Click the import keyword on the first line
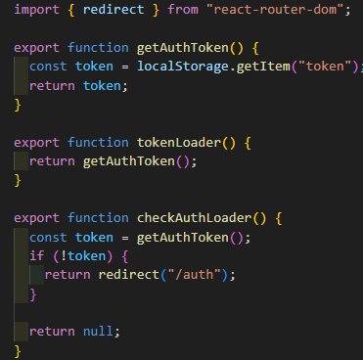(36, 10)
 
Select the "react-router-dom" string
(275, 9)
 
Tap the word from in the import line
(183, 9)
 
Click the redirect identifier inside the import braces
(113, 9)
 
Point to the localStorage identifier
(183, 67)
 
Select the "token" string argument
(325, 67)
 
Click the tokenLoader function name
(179, 143)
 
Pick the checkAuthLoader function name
(195, 218)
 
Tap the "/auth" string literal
(195, 275)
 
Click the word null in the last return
(98, 332)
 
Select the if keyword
(36, 255)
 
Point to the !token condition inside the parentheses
(83, 256)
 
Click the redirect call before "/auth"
(129, 275)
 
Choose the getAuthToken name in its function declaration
(183, 48)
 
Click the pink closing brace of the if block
(33, 294)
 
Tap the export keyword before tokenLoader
(36, 143)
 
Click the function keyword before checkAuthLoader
(98, 218)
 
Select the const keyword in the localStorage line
(48, 67)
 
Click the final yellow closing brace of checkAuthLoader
(18, 351)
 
